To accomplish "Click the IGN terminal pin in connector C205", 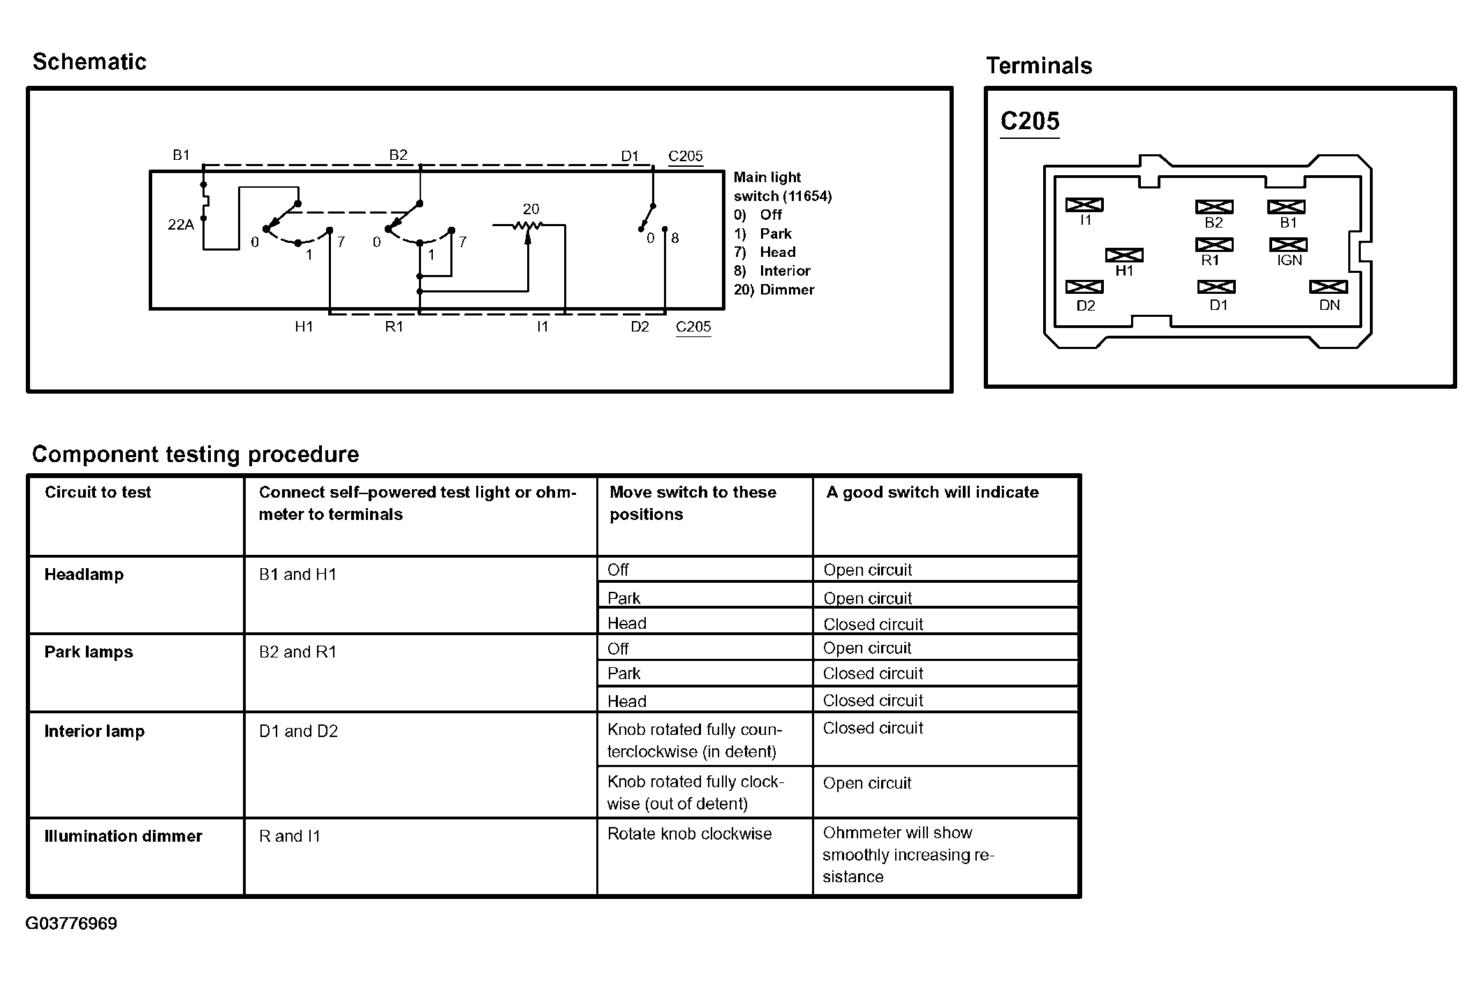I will coord(1288,245).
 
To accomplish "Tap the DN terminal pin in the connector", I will coord(1328,287).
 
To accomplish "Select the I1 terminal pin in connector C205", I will coord(1084,205).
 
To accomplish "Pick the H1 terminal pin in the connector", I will coord(1124,255).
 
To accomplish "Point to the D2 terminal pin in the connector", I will coord(1084,287).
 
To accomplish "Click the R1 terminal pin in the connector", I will coord(1214,245).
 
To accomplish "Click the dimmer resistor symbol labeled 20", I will coord(528,225).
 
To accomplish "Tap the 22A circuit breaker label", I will coord(181,225).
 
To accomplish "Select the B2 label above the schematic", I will coord(398,155).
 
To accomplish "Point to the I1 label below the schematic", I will coord(543,327).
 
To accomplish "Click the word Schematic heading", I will coord(89,62).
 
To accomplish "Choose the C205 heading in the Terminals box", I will coord(1030,121).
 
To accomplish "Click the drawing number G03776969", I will coord(71,923).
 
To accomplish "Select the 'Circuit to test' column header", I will coord(98,493).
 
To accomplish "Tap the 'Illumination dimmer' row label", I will coord(123,836).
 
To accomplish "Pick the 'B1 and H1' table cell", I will coord(297,574).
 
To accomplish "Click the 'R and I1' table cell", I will coord(289,836).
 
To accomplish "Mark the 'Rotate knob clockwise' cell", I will coord(689,834).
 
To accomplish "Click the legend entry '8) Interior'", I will coord(772,271).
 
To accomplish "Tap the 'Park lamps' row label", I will coord(89,652).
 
